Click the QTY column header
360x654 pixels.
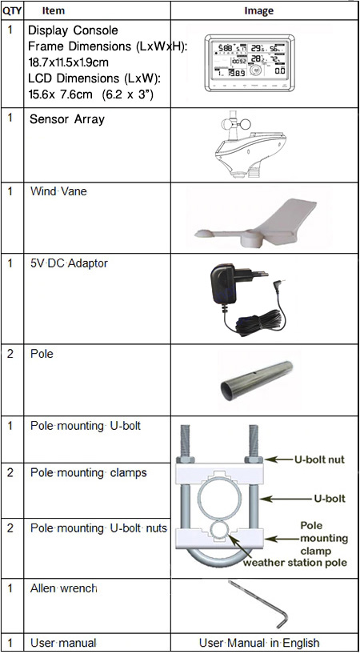[x=12, y=10]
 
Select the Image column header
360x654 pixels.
[x=258, y=11]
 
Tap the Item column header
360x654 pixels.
[x=54, y=10]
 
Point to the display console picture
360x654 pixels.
[x=249, y=62]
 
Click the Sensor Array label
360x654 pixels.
[x=67, y=119]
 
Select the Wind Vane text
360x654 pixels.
[x=58, y=192]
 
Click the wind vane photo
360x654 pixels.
[x=255, y=226]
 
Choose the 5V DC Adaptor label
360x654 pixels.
[x=69, y=263]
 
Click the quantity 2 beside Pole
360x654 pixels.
[x=10, y=354]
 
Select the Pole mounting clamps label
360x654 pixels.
[x=89, y=472]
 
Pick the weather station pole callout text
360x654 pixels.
[x=295, y=563]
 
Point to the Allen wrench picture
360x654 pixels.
[x=258, y=604]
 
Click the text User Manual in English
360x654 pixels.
[x=259, y=643]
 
